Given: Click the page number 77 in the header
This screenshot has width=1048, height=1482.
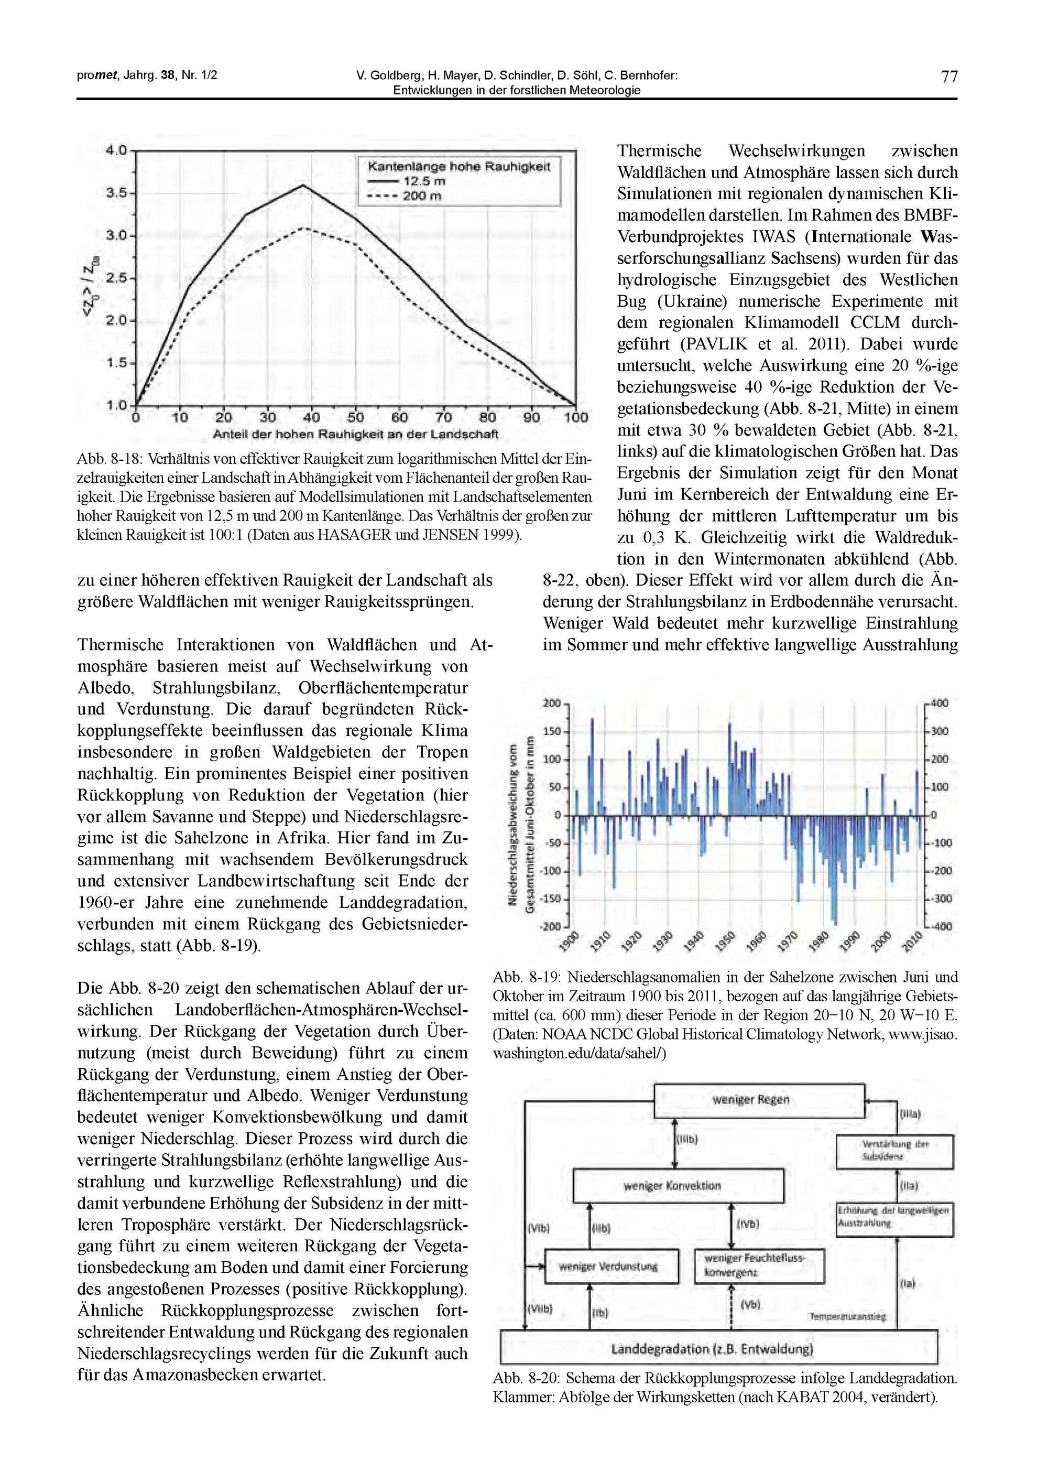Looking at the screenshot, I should pyautogui.click(x=949, y=77).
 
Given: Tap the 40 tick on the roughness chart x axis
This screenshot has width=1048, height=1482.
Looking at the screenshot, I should pyautogui.click(x=311, y=418).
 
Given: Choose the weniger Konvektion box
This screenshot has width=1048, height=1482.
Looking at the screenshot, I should pyautogui.click(x=678, y=1186).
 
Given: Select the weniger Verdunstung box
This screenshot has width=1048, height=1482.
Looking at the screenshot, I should pyautogui.click(x=612, y=1267).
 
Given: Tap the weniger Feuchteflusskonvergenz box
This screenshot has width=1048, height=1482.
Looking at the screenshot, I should pyautogui.click(x=759, y=1267).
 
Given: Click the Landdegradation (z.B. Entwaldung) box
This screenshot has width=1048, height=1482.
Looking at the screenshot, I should pyautogui.click(x=718, y=1348).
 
